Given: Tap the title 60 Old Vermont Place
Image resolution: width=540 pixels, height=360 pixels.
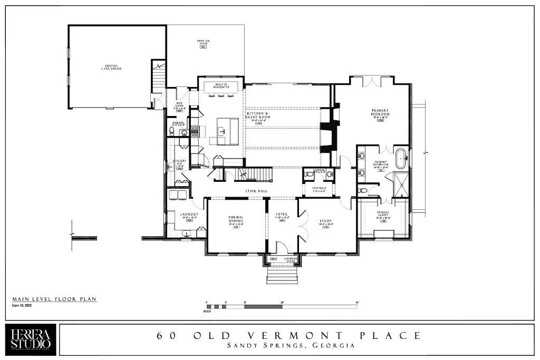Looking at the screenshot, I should [x=289, y=335].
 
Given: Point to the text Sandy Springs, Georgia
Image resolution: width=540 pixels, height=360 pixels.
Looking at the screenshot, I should [x=291, y=346].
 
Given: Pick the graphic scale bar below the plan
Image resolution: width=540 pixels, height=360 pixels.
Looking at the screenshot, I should [x=282, y=306].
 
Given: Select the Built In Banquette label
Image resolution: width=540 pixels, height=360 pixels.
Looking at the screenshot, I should [x=221, y=85].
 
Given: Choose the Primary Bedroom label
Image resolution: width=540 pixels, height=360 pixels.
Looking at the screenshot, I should [x=380, y=113].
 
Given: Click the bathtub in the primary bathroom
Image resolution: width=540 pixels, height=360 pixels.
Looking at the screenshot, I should [x=401, y=159].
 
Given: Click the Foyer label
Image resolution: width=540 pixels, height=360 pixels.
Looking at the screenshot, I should [x=281, y=215].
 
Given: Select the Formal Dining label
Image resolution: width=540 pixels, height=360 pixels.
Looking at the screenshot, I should [x=236, y=220].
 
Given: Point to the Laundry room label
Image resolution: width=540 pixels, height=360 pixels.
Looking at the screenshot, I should [x=188, y=215].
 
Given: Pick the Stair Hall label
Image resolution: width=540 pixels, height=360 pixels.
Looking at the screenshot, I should [x=254, y=191].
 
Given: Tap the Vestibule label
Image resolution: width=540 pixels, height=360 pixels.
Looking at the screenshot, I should [x=319, y=188].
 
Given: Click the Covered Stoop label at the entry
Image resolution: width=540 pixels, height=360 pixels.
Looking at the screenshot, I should [x=291, y=259].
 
